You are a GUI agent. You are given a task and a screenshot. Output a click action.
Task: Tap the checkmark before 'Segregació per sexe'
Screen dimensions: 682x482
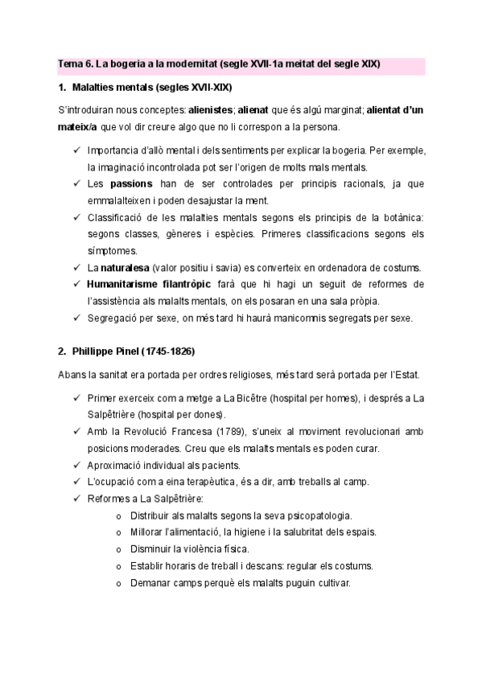pos(75,318)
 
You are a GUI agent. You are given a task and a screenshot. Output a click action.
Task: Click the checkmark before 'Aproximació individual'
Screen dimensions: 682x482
pos(75,466)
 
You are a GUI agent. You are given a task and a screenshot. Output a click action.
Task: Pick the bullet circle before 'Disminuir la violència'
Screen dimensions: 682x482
pos(119,549)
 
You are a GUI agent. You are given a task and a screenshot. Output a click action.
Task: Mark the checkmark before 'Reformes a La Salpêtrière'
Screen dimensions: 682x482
pos(75,499)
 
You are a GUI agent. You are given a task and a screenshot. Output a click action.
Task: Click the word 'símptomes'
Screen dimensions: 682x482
pos(113,251)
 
